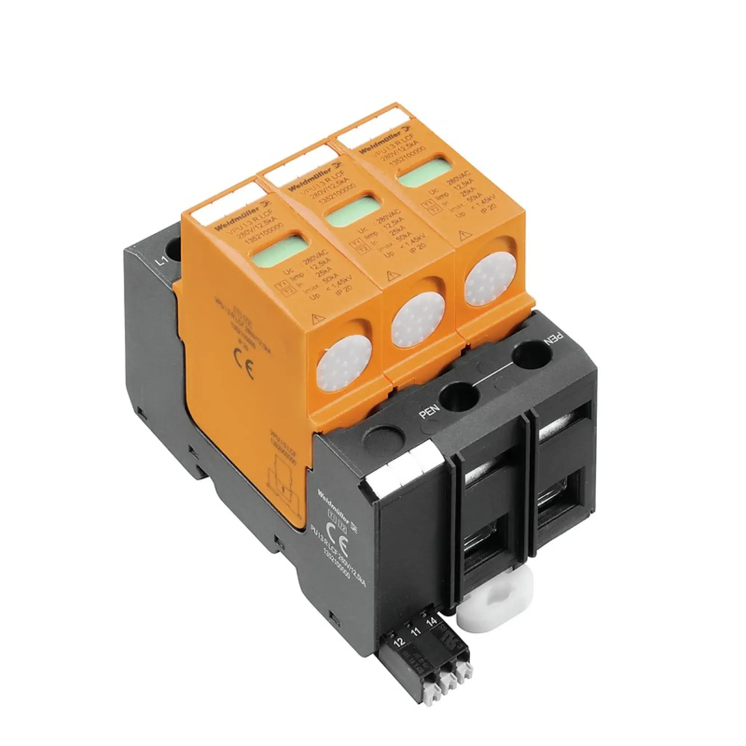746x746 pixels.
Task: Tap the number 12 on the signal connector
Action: point(400,642)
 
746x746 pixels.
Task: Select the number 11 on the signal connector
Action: point(416,632)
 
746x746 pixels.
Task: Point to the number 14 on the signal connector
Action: point(432,623)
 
